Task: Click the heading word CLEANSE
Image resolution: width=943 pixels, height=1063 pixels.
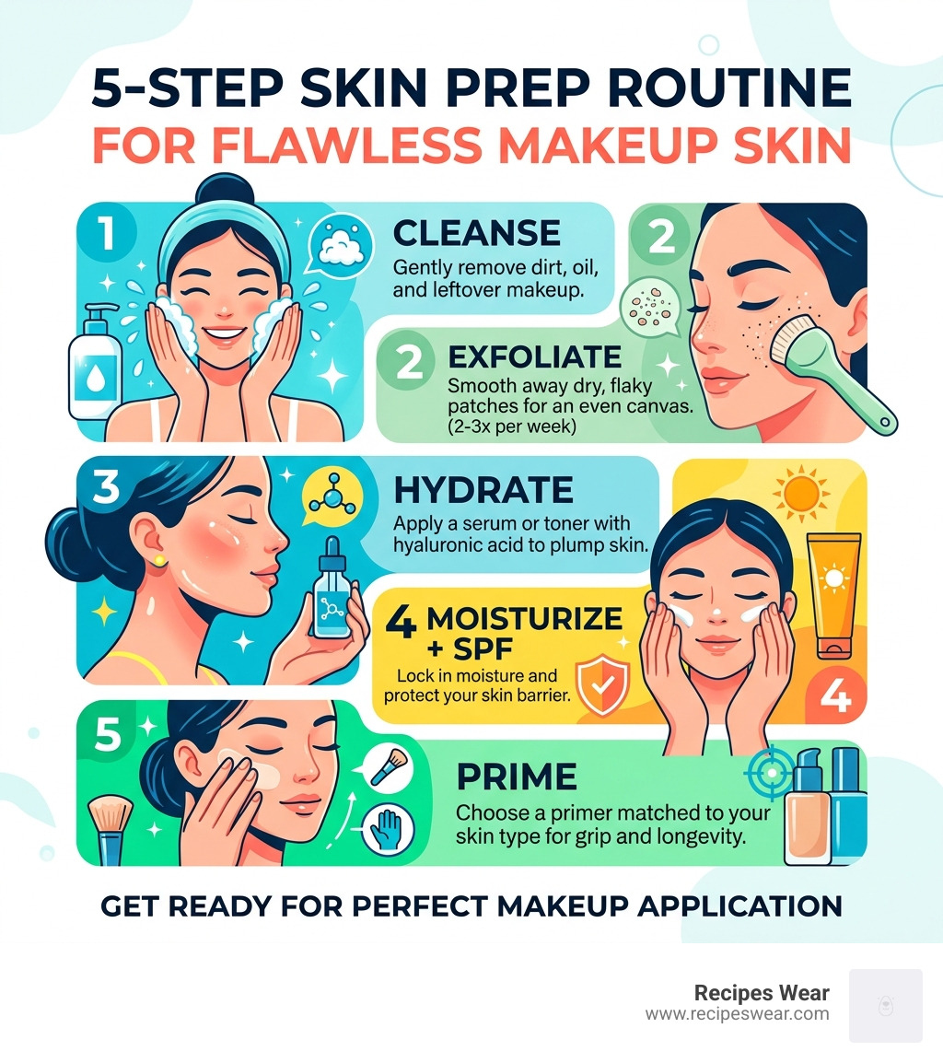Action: click(x=475, y=233)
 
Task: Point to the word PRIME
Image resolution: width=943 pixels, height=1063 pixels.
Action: click(x=517, y=777)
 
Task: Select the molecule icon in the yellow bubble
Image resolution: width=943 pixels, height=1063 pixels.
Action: click(x=327, y=493)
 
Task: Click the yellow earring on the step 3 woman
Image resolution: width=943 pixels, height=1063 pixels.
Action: click(x=159, y=559)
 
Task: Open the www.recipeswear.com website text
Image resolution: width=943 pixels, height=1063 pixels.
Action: click(x=737, y=1014)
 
